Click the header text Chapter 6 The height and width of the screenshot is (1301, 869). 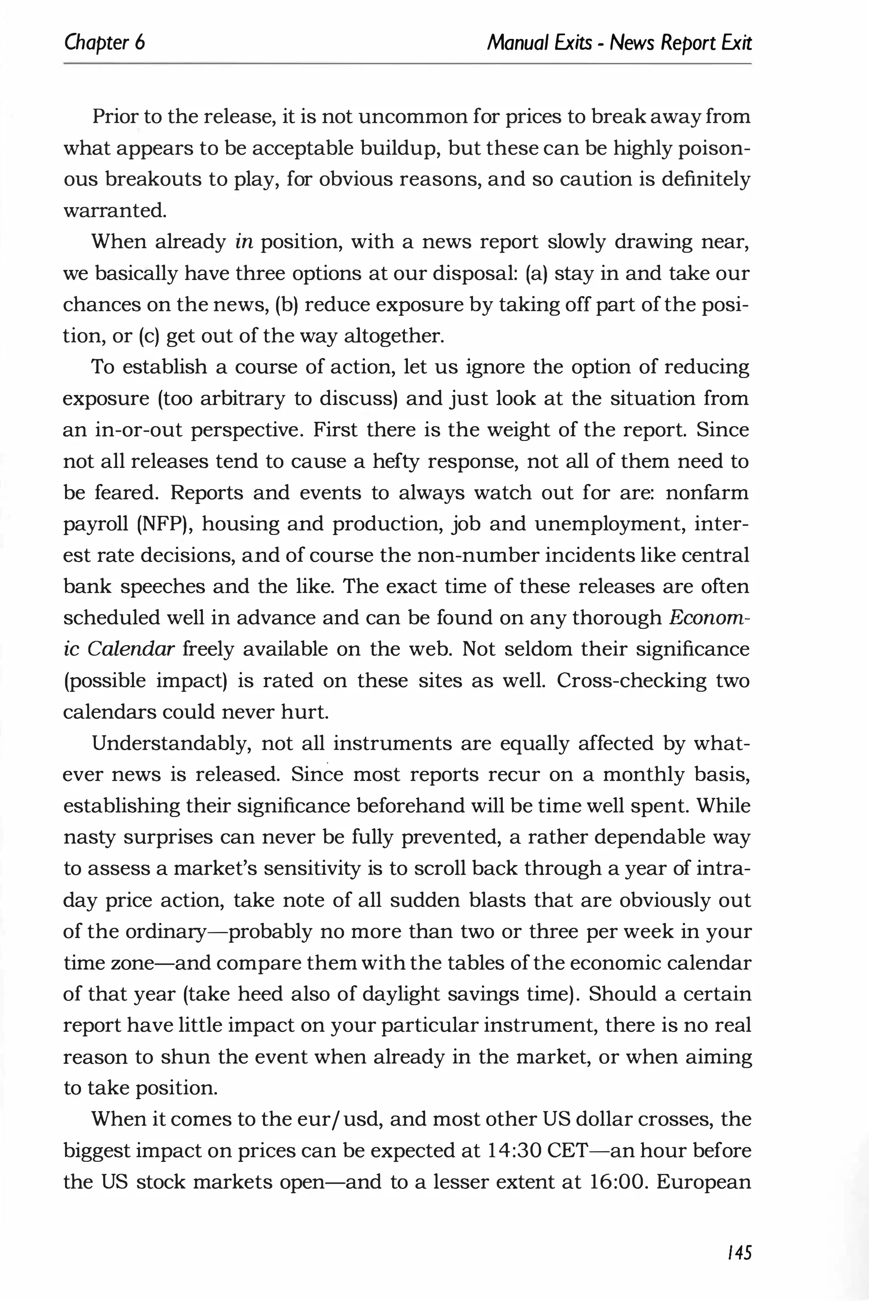tap(104, 43)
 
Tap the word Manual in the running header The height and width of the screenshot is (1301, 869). tap(513, 43)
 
